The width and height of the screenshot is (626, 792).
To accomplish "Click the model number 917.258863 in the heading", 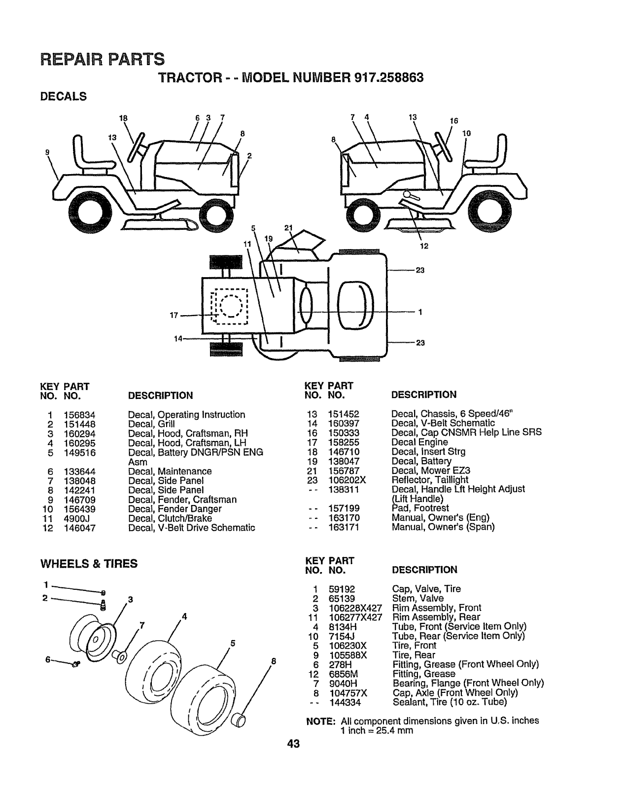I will point(389,78).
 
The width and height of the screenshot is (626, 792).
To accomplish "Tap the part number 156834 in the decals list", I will point(79,415).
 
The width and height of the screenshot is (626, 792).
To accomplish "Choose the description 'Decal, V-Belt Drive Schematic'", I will point(191,528).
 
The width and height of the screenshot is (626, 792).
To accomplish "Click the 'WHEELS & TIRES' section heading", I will point(89,564).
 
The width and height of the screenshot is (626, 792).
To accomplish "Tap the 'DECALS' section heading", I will point(63,97).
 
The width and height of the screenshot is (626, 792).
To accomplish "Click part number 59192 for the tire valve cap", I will point(342,589).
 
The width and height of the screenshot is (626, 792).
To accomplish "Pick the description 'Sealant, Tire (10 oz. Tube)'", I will point(449,702).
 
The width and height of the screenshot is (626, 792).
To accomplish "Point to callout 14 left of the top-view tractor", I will point(178,338).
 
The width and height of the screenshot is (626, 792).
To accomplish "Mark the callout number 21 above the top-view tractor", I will point(289,228).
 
